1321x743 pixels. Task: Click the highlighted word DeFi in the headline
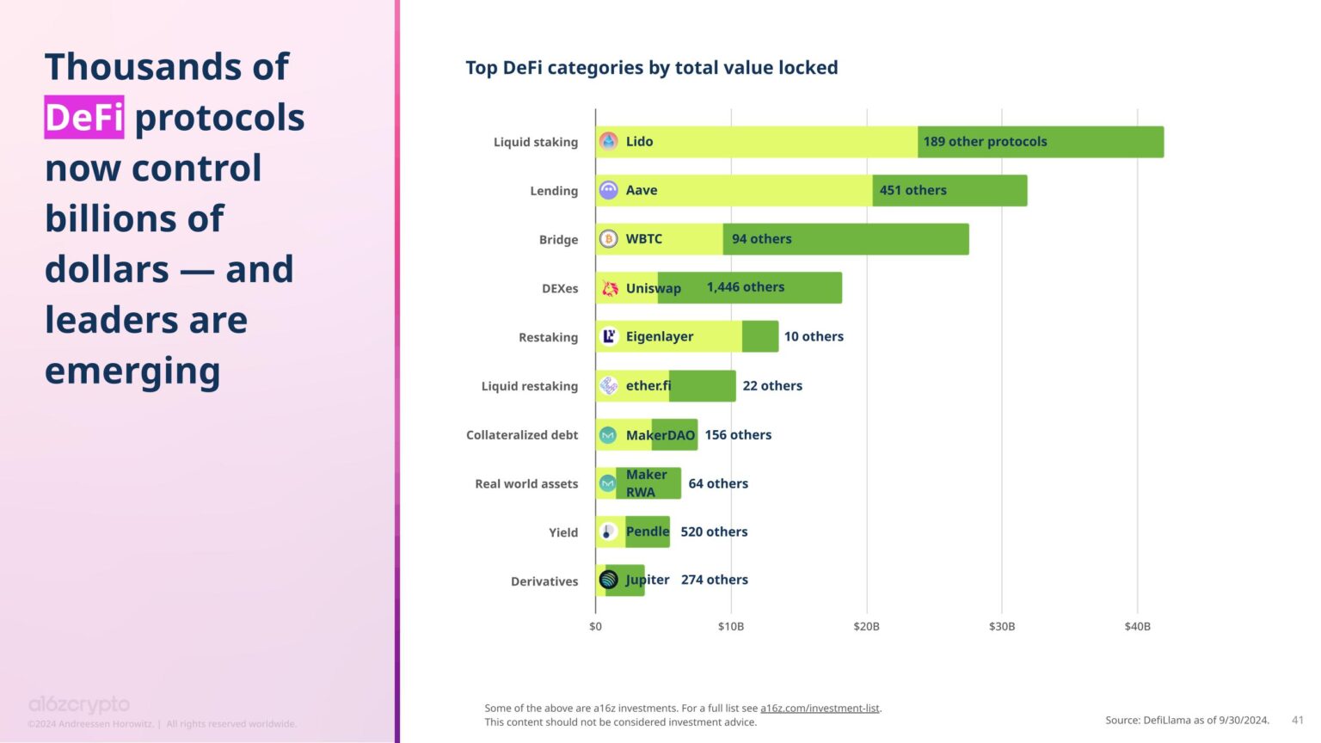click(x=84, y=117)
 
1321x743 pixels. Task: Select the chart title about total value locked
click(x=651, y=68)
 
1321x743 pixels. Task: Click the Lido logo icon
click(x=609, y=141)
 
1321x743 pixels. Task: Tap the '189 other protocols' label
click(x=985, y=142)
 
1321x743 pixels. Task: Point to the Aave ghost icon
click(x=609, y=190)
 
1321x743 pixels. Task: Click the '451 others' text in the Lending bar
click(x=912, y=190)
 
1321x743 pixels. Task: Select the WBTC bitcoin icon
click(x=609, y=239)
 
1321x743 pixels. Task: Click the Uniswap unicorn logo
click(x=610, y=288)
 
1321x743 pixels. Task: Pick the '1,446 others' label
click(x=745, y=287)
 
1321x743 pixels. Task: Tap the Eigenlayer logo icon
click(x=609, y=336)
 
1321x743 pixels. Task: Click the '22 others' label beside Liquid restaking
click(x=772, y=386)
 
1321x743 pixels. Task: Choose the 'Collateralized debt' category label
click(x=522, y=435)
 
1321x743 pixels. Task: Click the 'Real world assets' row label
click(x=526, y=484)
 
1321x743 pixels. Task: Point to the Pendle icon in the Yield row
click(x=608, y=532)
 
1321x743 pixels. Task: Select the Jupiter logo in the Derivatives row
click(x=609, y=580)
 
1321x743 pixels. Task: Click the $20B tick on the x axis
click(x=866, y=626)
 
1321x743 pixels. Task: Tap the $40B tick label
click(x=1137, y=626)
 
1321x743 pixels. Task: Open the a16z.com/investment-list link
click(x=820, y=709)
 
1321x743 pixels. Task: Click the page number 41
click(x=1298, y=720)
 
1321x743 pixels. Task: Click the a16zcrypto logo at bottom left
click(x=79, y=705)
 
